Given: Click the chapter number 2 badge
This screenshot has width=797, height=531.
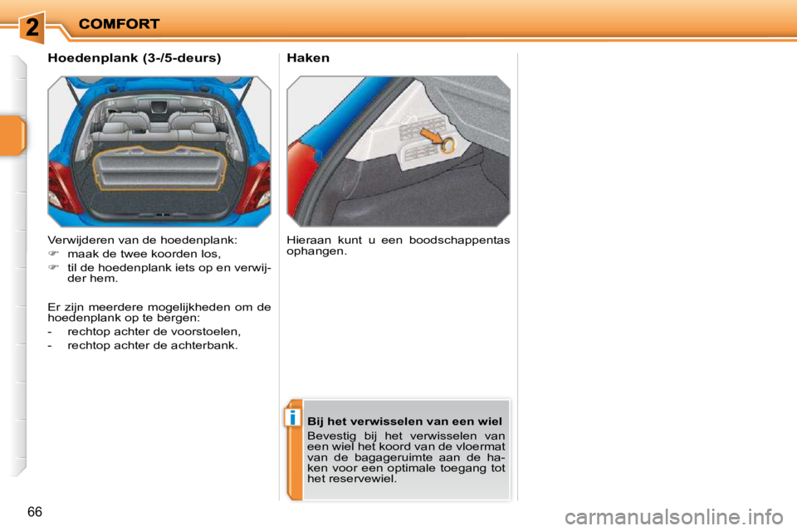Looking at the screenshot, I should [x=31, y=27].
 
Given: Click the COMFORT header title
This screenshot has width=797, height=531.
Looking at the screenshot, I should [x=119, y=24].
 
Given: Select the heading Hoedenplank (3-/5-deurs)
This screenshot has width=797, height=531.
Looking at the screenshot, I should [x=134, y=58].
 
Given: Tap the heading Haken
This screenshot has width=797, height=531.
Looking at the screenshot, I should [x=308, y=58].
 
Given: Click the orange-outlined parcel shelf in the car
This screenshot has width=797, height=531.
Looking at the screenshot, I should [x=159, y=168].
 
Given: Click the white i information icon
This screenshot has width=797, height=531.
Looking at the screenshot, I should [x=293, y=417].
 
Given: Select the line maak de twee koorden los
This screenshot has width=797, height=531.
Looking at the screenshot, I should [x=144, y=254].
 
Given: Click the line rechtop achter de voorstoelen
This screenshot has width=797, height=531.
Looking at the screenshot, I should [x=154, y=330].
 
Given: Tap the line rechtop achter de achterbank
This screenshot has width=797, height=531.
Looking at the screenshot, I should [x=152, y=344].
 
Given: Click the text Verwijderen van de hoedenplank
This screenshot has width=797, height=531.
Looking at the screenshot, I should [x=143, y=240].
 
